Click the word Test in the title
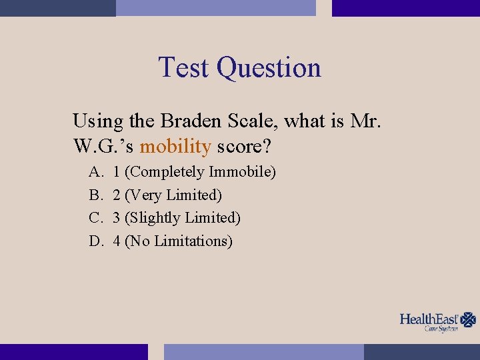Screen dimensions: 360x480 (185, 67)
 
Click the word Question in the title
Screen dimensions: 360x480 (269, 69)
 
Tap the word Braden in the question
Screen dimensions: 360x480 (191, 121)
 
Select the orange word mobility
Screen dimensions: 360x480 (175, 145)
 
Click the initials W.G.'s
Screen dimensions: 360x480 (103, 145)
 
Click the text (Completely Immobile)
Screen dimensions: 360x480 (200, 172)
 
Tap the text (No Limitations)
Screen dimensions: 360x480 (178, 241)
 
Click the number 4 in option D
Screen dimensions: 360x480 (117, 241)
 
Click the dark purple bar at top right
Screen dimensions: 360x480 (405, 8)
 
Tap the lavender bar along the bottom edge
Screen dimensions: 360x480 (264, 351)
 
